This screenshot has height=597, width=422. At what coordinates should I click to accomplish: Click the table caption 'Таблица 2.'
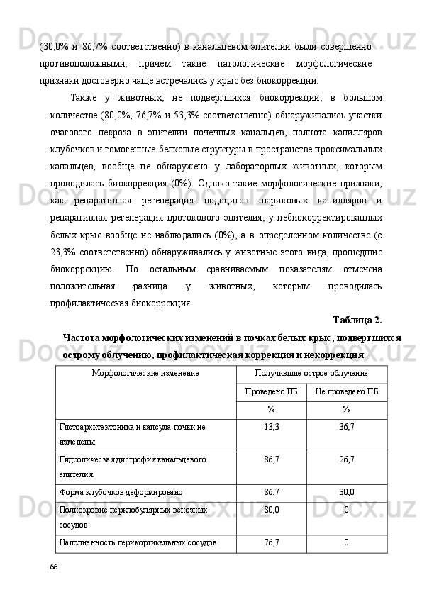tap(357, 318)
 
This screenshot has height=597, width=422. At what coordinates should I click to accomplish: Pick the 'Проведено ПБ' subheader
tap(271, 391)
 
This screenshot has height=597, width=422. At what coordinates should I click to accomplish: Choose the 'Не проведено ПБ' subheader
tap(346, 391)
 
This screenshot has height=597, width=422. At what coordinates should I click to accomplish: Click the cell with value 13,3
tap(271, 427)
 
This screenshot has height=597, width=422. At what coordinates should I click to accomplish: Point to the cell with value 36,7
tap(346, 427)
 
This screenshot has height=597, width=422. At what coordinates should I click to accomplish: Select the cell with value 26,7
tap(346, 459)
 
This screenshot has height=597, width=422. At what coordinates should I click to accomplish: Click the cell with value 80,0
tap(271, 509)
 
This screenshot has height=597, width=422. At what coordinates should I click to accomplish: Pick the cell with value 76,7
tap(271, 542)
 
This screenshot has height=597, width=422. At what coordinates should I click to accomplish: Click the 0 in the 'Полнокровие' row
tap(346, 509)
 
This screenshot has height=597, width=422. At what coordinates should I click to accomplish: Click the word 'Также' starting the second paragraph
tap(85, 97)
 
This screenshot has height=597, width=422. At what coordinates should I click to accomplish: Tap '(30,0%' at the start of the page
tap(55, 46)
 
